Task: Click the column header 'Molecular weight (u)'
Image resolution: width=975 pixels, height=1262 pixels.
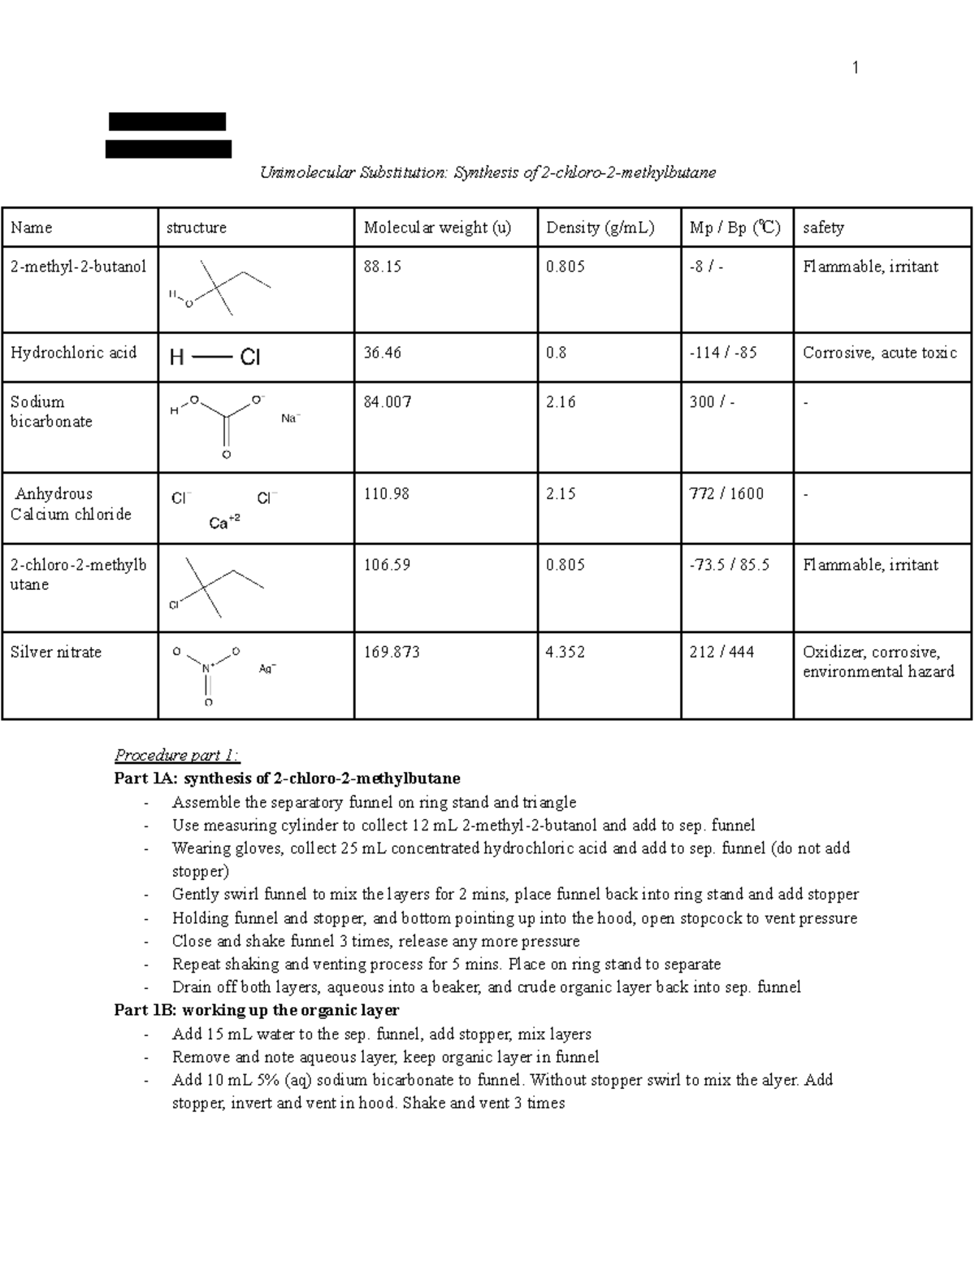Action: pyautogui.click(x=437, y=228)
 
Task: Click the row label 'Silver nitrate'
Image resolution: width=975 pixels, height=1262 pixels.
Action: pyautogui.click(x=55, y=652)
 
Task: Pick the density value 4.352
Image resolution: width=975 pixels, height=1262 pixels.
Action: pyautogui.click(x=565, y=652)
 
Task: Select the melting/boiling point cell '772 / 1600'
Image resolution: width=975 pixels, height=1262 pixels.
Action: pyautogui.click(x=726, y=494)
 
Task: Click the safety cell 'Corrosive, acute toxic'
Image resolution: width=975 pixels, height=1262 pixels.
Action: pyautogui.click(x=880, y=353)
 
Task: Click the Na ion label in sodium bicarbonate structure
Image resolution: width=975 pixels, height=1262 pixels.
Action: pyautogui.click(x=290, y=418)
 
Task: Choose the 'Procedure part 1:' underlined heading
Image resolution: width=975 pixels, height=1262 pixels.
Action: pyautogui.click(x=177, y=756)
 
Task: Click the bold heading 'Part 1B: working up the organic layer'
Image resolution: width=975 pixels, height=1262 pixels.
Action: pyautogui.click(x=257, y=1010)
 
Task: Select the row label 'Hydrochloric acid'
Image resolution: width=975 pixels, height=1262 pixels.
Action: pyautogui.click(x=73, y=353)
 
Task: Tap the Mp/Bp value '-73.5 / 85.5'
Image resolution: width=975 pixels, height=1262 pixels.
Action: pyautogui.click(x=729, y=565)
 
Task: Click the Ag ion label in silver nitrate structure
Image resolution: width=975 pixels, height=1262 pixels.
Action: pyautogui.click(x=267, y=669)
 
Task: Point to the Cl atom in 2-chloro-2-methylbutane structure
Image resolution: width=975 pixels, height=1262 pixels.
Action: pyautogui.click(x=173, y=605)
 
